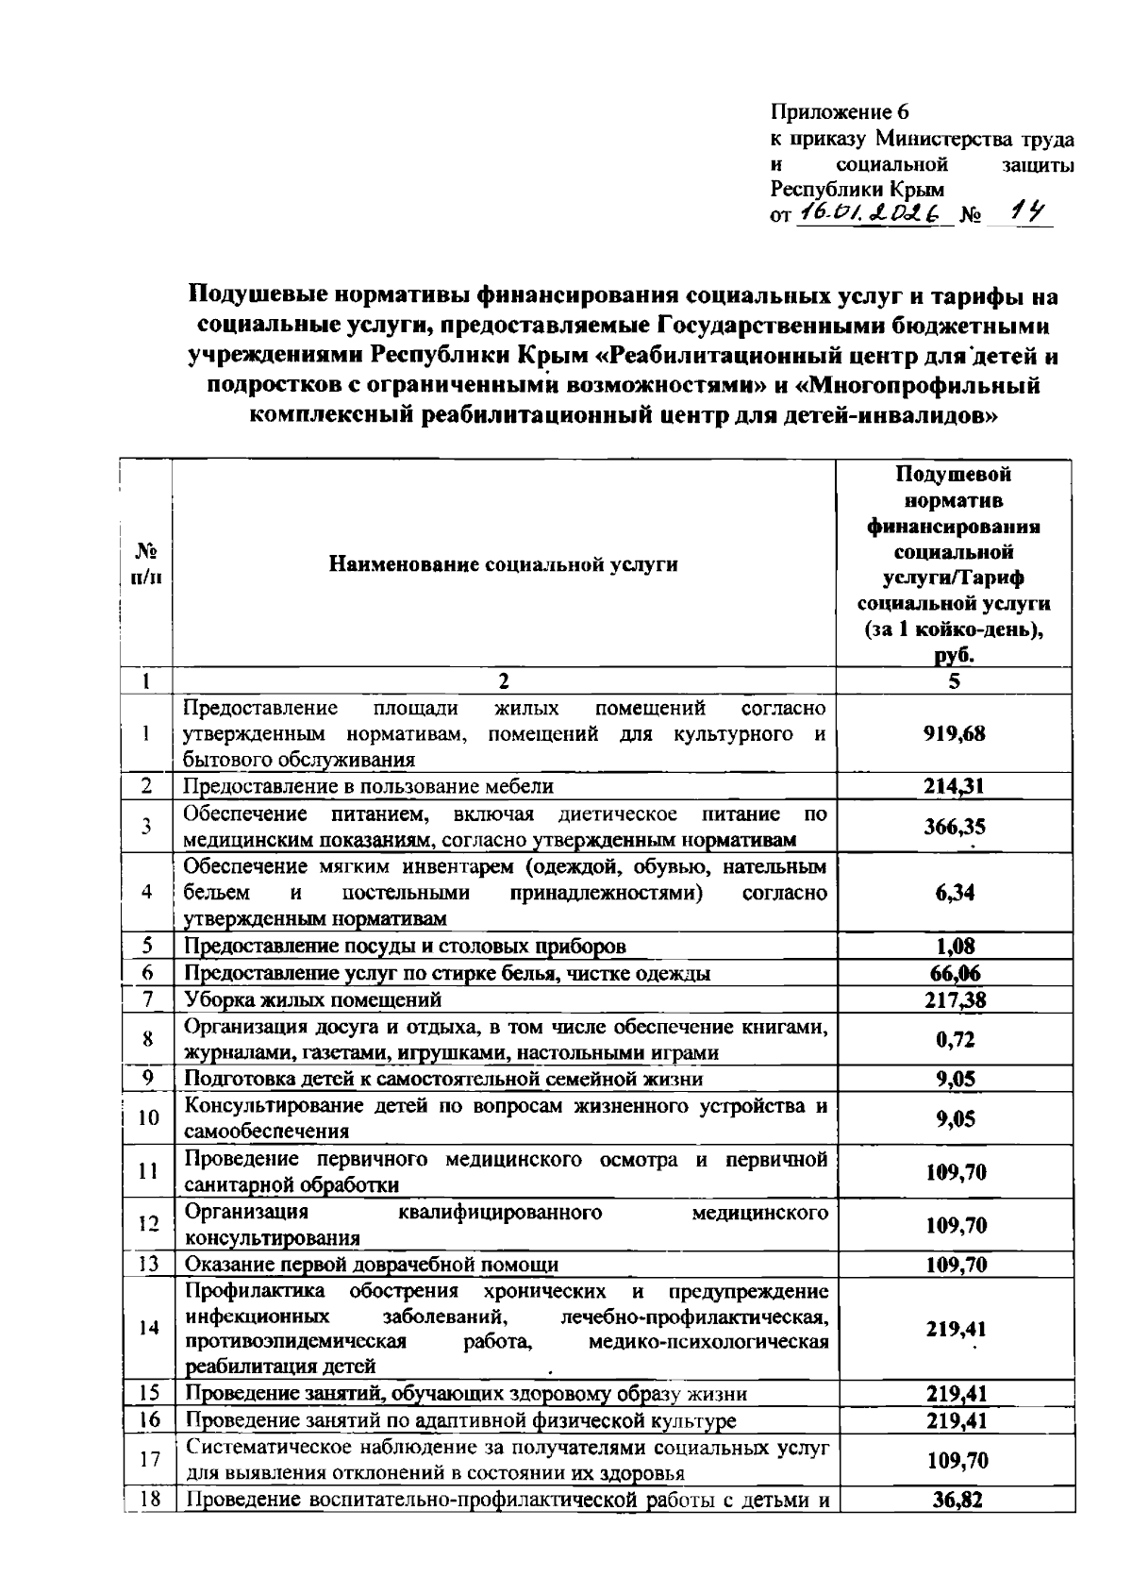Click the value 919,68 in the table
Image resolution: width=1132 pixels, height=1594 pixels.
click(955, 733)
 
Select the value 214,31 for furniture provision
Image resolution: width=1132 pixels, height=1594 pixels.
click(955, 786)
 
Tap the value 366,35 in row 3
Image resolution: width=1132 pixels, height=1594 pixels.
click(955, 827)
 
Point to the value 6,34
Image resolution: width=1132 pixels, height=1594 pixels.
click(955, 893)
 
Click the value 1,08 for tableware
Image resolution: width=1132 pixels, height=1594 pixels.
click(955, 946)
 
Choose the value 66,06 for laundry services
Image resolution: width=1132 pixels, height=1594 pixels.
click(955, 973)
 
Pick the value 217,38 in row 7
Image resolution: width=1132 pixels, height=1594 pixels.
click(955, 999)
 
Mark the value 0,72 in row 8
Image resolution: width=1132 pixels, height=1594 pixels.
click(955, 1040)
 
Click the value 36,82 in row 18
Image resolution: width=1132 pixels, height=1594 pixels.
click(955, 1500)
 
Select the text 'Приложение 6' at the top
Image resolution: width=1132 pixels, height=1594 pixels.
click(840, 112)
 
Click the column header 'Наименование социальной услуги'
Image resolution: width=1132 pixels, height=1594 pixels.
click(503, 564)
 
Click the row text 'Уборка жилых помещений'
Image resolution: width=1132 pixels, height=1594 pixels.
click(312, 999)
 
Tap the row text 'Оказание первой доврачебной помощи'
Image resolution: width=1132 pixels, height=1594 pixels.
click(371, 1265)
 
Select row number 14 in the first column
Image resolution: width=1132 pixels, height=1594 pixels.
click(148, 1328)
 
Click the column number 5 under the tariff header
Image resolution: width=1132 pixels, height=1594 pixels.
click(955, 680)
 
